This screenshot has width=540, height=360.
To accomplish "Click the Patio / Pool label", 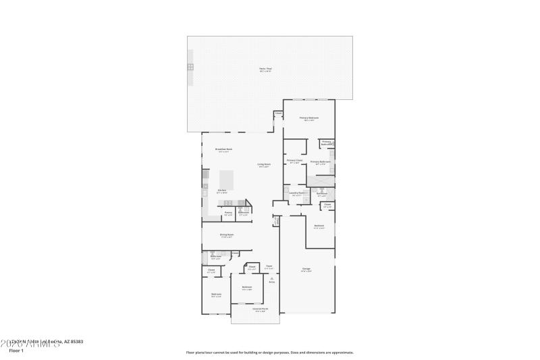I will pyautogui.click(x=265, y=70).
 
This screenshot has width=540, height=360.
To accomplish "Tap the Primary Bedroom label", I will pyautogui.click(x=308, y=118).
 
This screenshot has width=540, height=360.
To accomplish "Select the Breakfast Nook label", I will pyautogui.click(x=223, y=149).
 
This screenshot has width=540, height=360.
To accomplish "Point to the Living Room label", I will pyautogui.click(x=263, y=165).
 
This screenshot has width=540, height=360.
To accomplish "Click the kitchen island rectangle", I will pyautogui.click(x=227, y=180).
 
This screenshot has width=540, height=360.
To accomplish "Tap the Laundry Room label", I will pyautogui.click(x=298, y=193).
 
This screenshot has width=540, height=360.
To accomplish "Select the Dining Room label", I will pyautogui.click(x=226, y=235).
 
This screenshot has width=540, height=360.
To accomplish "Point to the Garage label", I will pyautogui.click(x=306, y=269).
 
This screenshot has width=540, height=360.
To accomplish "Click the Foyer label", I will pyautogui.click(x=269, y=267).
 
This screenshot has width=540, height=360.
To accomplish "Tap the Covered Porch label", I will pyautogui.click(x=259, y=309).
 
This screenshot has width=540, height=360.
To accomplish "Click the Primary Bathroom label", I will pyautogui.click(x=320, y=162).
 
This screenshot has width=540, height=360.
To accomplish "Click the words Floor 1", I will pyautogui.click(x=16, y=351).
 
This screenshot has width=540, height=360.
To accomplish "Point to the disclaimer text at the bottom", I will pyautogui.click(x=269, y=352).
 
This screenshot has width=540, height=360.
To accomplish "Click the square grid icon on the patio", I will pyautogui.click(x=190, y=67).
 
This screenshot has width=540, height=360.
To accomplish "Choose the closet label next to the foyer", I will pyautogui.click(x=251, y=267).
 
